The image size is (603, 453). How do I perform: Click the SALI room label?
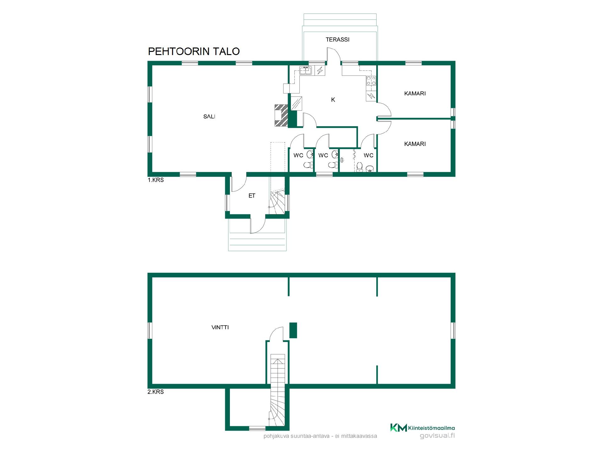(209, 117)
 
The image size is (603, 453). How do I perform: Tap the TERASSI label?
(338, 40)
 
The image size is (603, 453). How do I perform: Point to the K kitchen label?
(333, 100)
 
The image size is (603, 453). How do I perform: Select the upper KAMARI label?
(415, 93)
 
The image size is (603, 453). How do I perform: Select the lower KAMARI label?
(415, 144)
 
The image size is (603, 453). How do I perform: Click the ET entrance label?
(252, 196)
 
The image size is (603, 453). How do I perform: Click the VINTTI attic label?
(220, 327)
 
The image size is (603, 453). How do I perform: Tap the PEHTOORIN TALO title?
(194, 51)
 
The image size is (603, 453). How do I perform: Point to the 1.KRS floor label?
(156, 180)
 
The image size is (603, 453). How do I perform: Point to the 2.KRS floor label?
(156, 392)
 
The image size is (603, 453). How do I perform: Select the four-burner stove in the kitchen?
(371, 81)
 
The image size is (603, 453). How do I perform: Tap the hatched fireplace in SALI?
(281, 115)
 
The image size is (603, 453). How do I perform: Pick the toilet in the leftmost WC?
(308, 165)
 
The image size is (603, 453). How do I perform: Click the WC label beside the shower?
(368, 155)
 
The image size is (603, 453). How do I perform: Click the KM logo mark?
(399, 428)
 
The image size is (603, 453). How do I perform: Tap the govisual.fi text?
(437, 436)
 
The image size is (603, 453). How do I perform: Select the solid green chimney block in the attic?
(293, 330)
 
